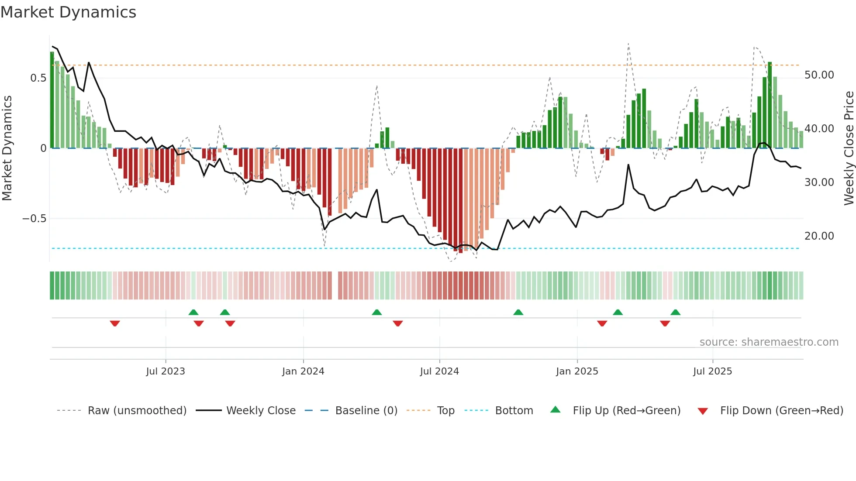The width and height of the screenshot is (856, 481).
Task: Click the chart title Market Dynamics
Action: [x=68, y=12]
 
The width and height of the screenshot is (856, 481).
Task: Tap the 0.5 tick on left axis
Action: [x=38, y=78]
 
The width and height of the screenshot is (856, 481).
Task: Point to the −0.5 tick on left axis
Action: [x=35, y=219]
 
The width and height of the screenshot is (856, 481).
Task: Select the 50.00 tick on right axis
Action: [x=819, y=75]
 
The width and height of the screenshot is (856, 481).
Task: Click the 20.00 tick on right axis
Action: [x=819, y=236]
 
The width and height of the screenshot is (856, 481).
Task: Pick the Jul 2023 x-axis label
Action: [x=166, y=371]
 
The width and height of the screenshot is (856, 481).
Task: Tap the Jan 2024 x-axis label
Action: [x=303, y=371]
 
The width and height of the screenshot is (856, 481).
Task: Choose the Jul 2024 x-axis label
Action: [x=439, y=371]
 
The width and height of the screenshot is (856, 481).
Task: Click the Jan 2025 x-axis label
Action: [x=577, y=371]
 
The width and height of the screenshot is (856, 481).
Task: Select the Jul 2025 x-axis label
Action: [x=712, y=371]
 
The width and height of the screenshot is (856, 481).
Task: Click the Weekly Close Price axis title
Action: [x=849, y=148]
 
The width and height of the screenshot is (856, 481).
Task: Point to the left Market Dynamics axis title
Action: [x=7, y=148]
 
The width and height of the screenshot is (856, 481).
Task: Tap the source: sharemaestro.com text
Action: [x=769, y=342]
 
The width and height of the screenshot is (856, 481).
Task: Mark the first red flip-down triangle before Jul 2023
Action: [x=115, y=323]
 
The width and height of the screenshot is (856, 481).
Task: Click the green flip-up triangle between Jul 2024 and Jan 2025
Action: [x=518, y=312]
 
